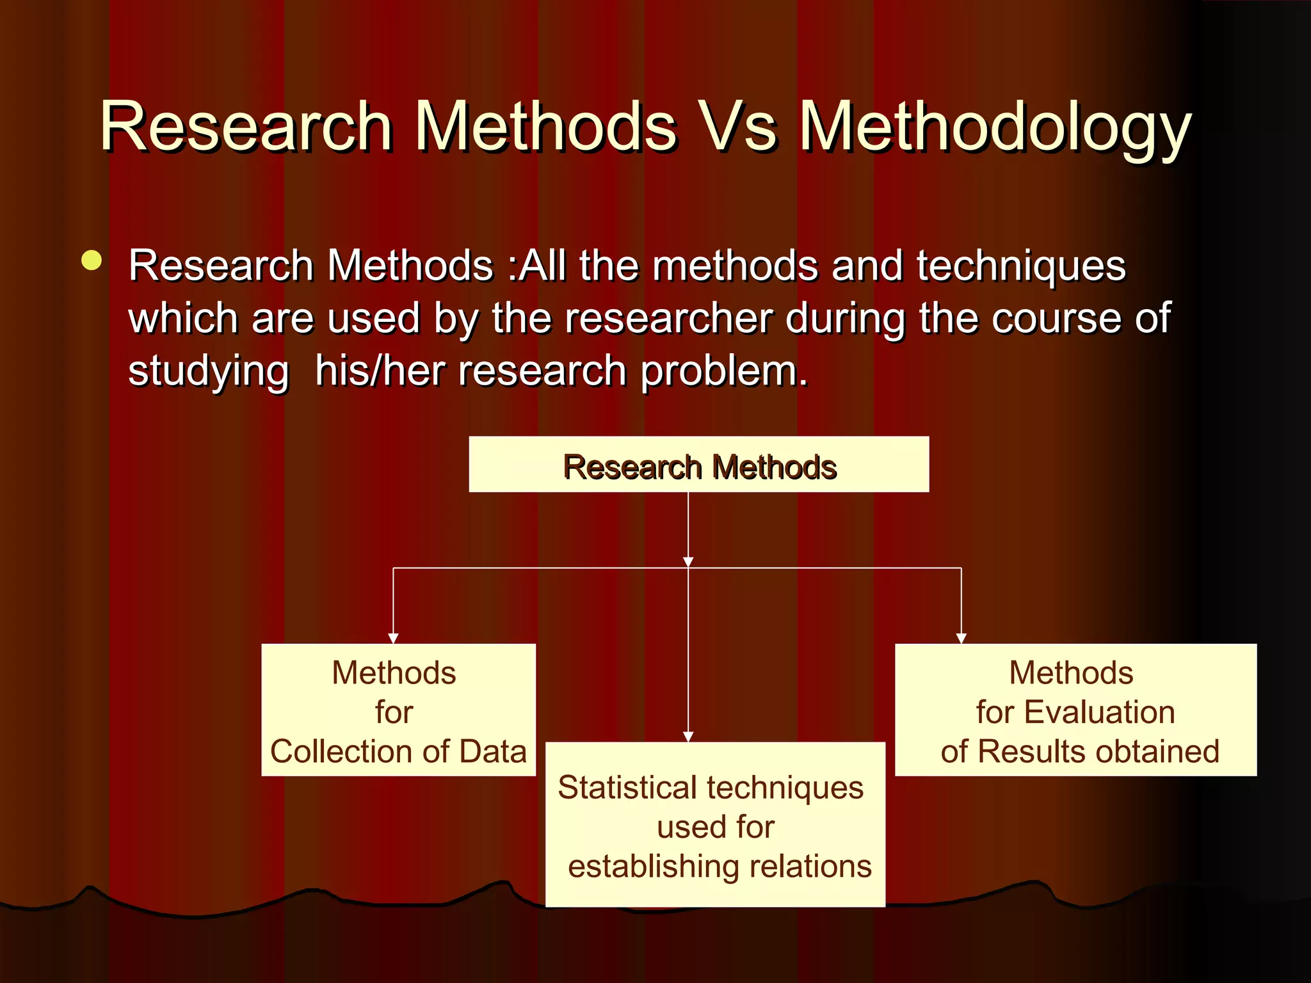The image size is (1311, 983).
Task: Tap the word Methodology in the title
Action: [x=995, y=128]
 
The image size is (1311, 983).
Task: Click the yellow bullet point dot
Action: [x=92, y=261]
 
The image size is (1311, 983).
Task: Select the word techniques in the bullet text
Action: [x=1021, y=266]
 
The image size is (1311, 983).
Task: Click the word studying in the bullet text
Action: [x=209, y=371]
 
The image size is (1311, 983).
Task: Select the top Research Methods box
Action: [x=698, y=465]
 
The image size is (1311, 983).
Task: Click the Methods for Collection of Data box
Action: [x=398, y=710]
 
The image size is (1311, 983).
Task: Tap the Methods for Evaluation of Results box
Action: [x=1075, y=710]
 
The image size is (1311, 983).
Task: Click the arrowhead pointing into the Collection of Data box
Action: [x=393, y=638]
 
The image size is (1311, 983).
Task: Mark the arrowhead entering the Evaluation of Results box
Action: [x=961, y=638]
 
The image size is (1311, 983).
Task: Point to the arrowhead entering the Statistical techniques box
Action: [x=688, y=737]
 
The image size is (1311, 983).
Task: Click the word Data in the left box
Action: [x=492, y=751]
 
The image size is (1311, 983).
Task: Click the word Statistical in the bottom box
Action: [x=627, y=787]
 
